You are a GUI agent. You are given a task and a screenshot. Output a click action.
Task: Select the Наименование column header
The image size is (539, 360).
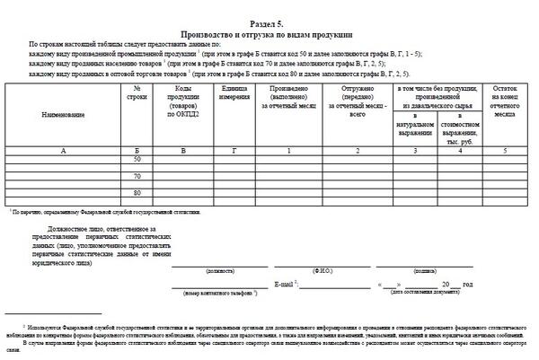(x=63, y=116)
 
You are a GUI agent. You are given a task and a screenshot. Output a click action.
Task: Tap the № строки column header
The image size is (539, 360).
(x=137, y=95)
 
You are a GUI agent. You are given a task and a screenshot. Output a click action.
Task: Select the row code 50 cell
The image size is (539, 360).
(x=137, y=159)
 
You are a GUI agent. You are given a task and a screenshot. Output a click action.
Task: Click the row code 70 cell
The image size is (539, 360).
(x=137, y=176)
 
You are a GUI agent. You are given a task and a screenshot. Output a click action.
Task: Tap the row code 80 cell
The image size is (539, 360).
(x=137, y=193)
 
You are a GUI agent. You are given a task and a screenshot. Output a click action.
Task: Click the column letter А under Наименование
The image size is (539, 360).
(x=63, y=150)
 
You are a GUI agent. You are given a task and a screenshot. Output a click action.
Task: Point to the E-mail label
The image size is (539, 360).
(x=287, y=284)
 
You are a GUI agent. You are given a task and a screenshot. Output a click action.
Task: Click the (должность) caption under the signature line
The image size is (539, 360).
(x=220, y=270)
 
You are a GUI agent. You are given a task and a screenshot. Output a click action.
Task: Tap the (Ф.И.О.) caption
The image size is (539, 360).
(x=323, y=270)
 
